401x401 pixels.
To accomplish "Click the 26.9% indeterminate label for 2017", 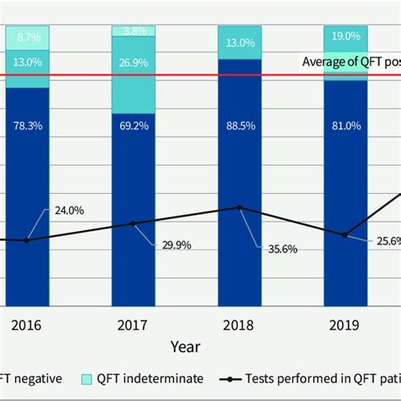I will [x=134, y=85].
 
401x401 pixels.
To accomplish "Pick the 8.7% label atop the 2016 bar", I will [x=27, y=37].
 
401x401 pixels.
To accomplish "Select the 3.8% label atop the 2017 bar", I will [x=134, y=30].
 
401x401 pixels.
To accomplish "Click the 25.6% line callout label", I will [x=381, y=241].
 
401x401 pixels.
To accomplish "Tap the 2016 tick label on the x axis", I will [x=27, y=324].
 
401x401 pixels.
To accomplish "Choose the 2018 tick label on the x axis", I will [x=240, y=324].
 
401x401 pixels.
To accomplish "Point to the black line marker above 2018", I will [x=240, y=207].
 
